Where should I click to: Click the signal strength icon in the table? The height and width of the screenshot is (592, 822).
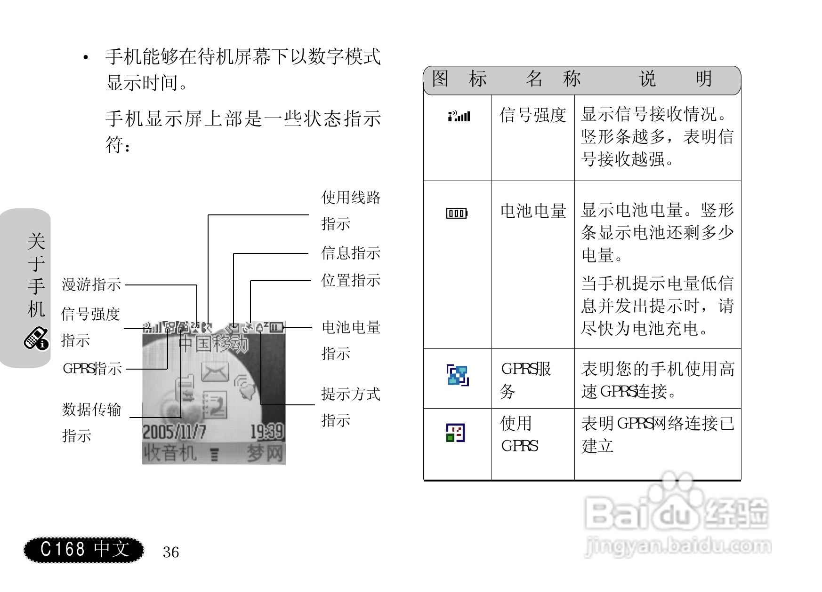coord(459,116)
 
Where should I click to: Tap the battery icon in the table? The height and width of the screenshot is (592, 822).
coord(457,213)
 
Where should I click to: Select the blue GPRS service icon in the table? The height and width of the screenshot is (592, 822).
coord(458,375)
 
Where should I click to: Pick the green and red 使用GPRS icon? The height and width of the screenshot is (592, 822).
coord(455,433)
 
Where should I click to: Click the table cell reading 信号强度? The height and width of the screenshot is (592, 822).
coord(532,115)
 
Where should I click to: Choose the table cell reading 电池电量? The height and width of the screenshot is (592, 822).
coord(533,211)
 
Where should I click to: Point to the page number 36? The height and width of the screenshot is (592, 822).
coord(171,552)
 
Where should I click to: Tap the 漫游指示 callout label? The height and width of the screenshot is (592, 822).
coord(91,284)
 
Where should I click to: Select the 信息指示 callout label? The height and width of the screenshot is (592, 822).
coord(351,253)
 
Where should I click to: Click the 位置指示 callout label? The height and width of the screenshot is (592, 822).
coord(351,280)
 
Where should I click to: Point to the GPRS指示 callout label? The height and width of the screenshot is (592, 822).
coord(92,368)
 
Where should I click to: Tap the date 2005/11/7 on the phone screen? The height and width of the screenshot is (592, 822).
coord(174,432)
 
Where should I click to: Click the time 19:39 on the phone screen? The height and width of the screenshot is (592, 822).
coord(266,432)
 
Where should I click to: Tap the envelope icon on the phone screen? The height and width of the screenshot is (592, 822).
coord(215,372)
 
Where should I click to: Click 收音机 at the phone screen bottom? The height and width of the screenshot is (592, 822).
coord(169,453)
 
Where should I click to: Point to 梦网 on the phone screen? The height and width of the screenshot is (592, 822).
coord(266,453)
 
